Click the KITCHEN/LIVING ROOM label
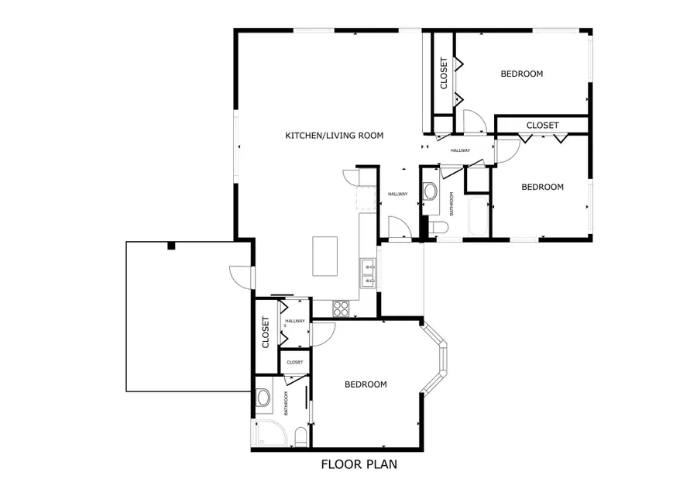point(335,136)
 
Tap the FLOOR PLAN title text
point(359,465)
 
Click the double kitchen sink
point(367,274)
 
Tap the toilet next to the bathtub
point(438,227)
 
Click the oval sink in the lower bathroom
point(263,398)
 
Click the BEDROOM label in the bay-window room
point(366,384)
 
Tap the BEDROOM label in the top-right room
point(521,74)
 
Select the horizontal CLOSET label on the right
point(542,126)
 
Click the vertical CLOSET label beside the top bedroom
point(444,74)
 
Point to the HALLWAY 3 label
point(294,322)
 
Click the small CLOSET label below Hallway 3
point(295,362)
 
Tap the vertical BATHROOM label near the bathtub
point(451,202)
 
